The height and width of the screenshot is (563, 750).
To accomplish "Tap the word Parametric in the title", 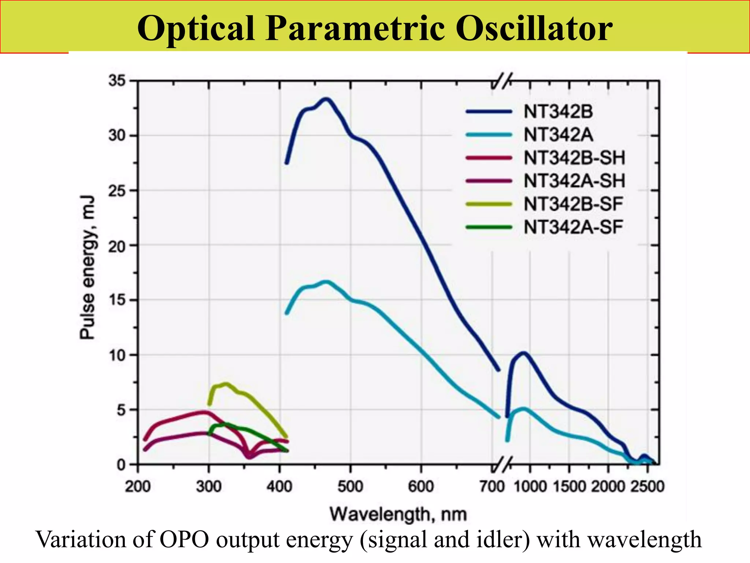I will point(355,29).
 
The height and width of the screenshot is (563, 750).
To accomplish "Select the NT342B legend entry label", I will point(558,111).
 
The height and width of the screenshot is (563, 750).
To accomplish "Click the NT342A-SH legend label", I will point(574,181).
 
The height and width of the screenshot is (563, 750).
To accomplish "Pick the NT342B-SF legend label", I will point(573,204).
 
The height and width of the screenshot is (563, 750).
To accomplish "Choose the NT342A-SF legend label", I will point(573,227).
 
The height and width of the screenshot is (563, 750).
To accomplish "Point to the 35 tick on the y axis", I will point(116,81).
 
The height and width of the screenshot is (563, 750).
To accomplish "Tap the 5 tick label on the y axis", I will point(121,410).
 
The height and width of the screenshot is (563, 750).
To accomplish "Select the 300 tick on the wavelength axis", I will point(209,487).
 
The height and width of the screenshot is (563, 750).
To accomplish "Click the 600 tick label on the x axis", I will point(421,487).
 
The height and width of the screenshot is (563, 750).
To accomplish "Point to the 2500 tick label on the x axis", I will point(647,487).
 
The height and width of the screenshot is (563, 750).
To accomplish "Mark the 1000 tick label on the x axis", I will point(530,487).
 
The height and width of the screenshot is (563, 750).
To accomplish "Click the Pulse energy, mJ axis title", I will point(88,268).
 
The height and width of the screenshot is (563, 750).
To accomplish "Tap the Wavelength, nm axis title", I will point(398,514).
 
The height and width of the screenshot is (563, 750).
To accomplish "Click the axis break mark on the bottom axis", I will point(502,465).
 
